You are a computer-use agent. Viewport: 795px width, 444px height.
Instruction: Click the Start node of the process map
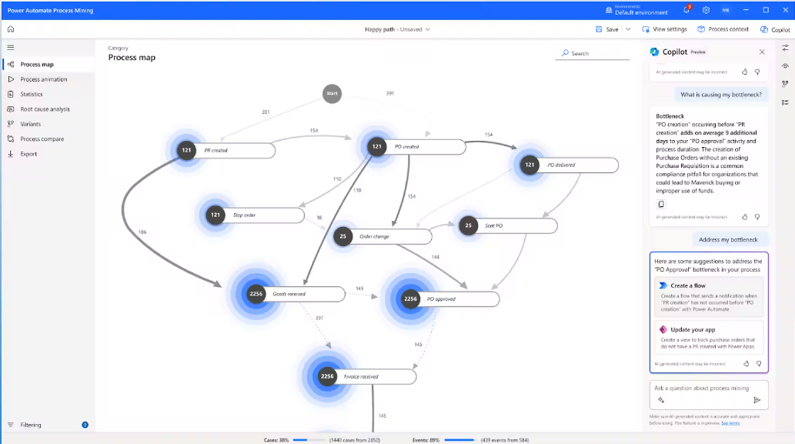332,93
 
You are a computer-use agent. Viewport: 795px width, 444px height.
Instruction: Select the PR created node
223,150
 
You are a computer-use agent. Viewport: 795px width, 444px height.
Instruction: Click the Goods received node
292,294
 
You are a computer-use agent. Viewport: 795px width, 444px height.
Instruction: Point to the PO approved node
446,299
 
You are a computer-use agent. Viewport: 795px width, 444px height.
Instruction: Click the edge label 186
142,232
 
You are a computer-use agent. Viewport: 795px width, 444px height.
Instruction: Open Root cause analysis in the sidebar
45,109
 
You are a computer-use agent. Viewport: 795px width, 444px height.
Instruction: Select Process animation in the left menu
43,79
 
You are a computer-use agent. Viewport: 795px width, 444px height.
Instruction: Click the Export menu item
28,154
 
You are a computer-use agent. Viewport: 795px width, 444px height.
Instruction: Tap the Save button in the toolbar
607,29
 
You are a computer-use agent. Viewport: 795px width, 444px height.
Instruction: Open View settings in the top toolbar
664,29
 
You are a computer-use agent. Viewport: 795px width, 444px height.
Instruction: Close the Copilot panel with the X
762,52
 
